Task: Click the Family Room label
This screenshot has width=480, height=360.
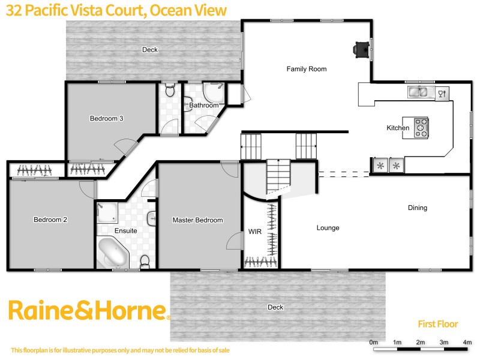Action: click(306, 69)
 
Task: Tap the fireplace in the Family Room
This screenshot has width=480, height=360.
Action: click(361, 49)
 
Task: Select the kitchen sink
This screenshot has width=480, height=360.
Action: click(418, 92)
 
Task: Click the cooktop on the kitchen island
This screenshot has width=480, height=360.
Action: click(421, 127)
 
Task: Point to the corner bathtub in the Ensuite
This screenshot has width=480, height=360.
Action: click(112, 253)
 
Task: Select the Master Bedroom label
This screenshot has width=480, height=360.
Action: click(197, 220)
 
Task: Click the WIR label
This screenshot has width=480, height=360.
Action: click(254, 230)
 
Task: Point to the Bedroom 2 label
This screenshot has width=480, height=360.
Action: click(50, 220)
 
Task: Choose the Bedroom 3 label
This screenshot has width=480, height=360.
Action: click(106, 118)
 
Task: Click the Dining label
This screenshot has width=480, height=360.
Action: click(417, 208)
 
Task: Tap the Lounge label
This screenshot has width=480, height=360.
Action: click(328, 228)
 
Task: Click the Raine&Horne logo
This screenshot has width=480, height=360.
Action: click(88, 311)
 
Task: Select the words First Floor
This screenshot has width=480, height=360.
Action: click(437, 324)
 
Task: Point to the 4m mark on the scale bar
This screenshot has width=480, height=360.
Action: click(467, 343)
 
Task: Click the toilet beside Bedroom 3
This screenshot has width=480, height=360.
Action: click(170, 91)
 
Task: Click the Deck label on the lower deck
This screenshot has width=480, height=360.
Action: click(275, 307)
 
